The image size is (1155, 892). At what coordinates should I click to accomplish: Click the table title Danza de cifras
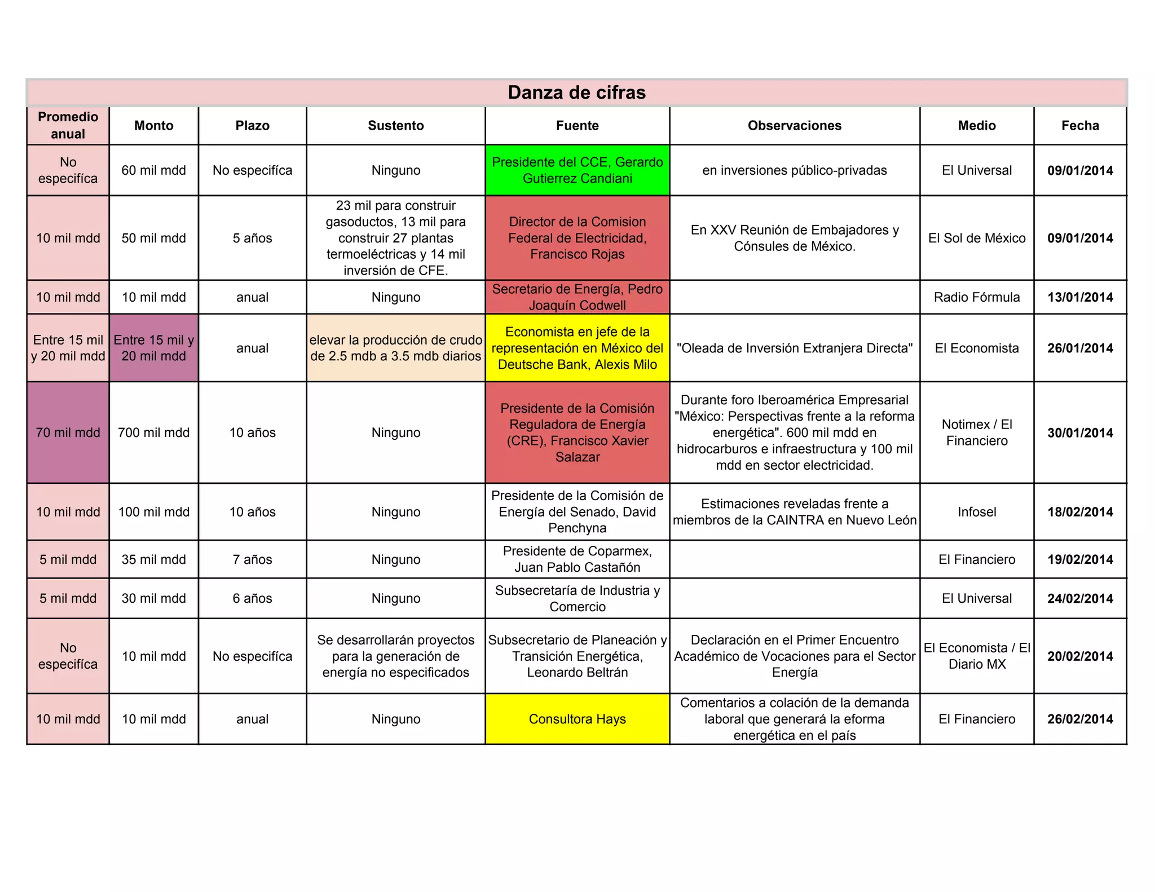(x=576, y=92)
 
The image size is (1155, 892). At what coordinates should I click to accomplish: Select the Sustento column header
(x=395, y=125)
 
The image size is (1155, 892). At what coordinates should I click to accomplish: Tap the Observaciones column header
(x=794, y=125)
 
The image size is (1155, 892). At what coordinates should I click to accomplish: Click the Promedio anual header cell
(x=68, y=125)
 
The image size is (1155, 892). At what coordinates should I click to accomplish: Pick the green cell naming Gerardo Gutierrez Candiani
(x=577, y=170)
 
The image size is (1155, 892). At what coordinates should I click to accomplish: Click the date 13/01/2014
(x=1080, y=297)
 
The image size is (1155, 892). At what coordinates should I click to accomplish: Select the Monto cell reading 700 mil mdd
(x=153, y=432)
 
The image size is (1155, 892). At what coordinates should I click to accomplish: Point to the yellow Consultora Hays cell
(x=577, y=719)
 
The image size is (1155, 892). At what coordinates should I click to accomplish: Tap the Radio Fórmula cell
(x=976, y=297)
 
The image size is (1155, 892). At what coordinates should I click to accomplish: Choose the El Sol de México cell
(x=976, y=238)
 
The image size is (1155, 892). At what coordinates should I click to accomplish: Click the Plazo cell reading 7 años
(x=252, y=559)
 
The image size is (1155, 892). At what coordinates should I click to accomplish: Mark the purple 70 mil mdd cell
(x=68, y=432)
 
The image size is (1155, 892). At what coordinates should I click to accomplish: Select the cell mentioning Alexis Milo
(x=577, y=348)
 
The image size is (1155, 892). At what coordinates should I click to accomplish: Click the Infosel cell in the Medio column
(x=976, y=512)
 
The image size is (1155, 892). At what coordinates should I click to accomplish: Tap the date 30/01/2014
(x=1080, y=432)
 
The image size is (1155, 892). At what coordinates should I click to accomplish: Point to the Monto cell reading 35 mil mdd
(x=153, y=559)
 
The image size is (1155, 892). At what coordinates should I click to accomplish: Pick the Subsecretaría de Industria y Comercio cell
(x=577, y=598)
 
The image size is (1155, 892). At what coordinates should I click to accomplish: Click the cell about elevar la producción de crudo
(x=395, y=348)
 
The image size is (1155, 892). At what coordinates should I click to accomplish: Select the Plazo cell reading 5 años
(x=252, y=238)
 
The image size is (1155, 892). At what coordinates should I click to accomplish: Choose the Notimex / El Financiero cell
(x=976, y=432)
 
